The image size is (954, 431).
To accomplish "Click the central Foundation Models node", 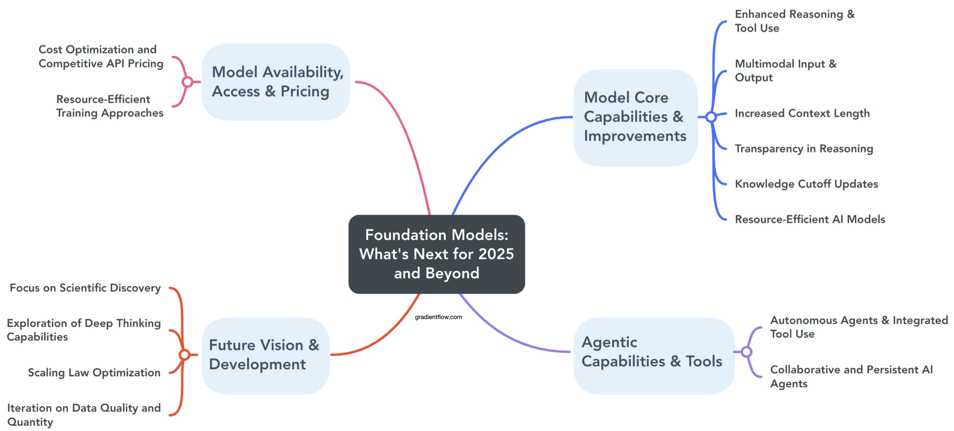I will tap(436, 254).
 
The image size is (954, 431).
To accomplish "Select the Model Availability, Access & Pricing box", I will tap(276, 82).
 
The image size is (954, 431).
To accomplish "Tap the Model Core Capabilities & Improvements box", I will tap(635, 117).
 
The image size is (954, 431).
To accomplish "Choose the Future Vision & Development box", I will tap(265, 355).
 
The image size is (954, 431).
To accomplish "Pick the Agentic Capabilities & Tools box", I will tap(653, 355).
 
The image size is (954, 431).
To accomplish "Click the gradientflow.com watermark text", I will tap(438, 317).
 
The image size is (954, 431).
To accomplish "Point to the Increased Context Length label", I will tap(802, 113).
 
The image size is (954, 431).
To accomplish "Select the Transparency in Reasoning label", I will tap(804, 149).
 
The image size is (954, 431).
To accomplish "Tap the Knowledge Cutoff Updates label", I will tap(806, 184).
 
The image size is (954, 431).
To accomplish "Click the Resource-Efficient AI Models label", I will tap(810, 220).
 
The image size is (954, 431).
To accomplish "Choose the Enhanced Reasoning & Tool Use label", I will tap(794, 21).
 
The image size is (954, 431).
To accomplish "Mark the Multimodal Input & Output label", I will tap(785, 71).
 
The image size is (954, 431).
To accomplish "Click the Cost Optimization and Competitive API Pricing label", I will tap(101, 57).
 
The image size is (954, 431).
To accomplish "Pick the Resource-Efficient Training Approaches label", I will tap(110, 106).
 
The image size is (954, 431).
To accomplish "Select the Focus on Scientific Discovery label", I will tap(85, 288).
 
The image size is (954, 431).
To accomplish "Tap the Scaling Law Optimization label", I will tap(94, 372).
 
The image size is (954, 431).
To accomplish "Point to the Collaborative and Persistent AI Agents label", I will tap(851, 376).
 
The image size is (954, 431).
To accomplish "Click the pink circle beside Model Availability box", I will tap(188, 82).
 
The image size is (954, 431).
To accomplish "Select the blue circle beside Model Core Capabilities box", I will tap(711, 117).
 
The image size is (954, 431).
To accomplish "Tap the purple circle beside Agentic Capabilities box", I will tap(747, 352).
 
